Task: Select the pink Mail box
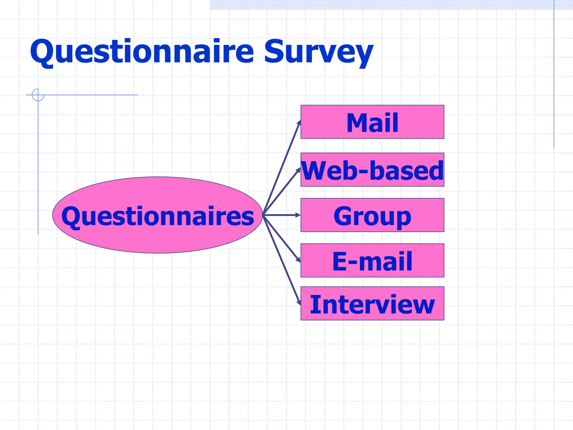tap(372, 122)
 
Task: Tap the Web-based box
tap(372, 170)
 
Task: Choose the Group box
tap(372, 215)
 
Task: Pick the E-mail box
tap(372, 260)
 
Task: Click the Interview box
tap(372, 303)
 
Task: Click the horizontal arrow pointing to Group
tap(281, 215)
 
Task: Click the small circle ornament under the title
tap(38, 95)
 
